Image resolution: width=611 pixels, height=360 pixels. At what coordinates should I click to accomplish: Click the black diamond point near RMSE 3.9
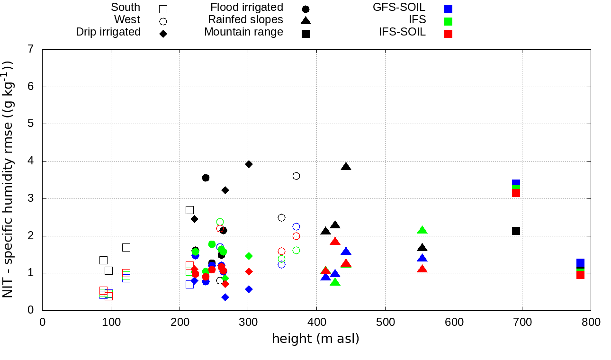click(249, 164)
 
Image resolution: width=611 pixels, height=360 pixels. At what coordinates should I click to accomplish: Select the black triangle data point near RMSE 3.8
click(346, 167)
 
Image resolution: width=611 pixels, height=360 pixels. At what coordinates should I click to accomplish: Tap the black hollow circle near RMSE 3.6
click(296, 176)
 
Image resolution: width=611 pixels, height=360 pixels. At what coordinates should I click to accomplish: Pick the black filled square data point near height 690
click(516, 231)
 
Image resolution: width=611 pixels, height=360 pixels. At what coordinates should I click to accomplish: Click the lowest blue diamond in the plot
click(225, 297)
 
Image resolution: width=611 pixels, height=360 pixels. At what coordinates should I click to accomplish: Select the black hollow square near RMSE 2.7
click(190, 210)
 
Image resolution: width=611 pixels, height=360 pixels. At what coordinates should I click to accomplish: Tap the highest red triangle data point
click(335, 242)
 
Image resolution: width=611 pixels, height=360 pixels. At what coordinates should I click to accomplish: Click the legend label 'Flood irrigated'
click(247, 8)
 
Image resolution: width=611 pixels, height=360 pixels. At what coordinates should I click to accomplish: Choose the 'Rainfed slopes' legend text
click(245, 20)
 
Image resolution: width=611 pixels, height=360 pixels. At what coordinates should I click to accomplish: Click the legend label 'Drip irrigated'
click(108, 32)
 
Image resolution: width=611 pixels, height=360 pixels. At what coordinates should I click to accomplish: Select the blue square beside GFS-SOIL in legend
click(448, 9)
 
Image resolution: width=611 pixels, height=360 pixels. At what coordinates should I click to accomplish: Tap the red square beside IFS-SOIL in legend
click(448, 34)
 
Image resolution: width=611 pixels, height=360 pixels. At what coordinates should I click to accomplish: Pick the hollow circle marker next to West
click(163, 21)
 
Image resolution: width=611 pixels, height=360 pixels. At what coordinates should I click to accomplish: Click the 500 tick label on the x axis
click(385, 323)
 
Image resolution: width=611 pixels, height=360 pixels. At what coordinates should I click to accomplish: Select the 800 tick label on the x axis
click(591, 323)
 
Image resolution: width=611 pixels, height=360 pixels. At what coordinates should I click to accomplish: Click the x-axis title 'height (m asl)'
click(315, 339)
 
